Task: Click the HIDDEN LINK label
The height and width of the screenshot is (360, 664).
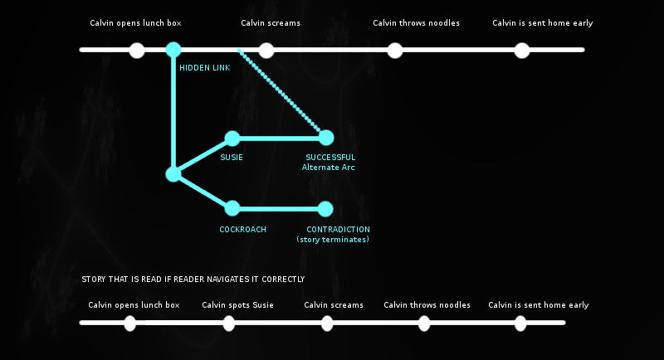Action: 204,68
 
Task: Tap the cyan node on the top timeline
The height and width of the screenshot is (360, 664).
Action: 173,50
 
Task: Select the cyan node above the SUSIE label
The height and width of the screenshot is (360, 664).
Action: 232,139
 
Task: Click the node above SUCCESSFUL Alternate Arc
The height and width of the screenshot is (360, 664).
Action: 325,138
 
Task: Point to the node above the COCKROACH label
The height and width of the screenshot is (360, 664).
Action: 232,208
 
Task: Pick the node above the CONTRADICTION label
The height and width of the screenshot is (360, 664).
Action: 325,209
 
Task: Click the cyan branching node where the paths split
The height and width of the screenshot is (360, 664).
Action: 173,174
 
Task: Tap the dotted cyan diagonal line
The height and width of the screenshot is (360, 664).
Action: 279,90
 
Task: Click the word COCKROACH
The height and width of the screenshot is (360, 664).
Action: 242,230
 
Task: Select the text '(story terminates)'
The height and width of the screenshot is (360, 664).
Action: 333,240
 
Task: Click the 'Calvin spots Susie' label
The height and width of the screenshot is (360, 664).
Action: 237,305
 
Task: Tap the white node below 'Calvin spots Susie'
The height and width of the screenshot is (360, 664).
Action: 229,324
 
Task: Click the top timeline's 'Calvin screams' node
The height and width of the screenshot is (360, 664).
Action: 266,51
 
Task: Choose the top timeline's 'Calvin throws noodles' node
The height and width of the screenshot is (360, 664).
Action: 395,51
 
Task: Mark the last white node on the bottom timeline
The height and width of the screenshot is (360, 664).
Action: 520,324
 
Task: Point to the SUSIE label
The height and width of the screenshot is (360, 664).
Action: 232,158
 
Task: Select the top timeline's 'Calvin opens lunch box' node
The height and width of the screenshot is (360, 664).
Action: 137,51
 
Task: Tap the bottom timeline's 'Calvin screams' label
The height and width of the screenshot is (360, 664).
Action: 334,305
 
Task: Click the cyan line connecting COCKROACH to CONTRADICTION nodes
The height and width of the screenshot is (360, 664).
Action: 279,209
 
